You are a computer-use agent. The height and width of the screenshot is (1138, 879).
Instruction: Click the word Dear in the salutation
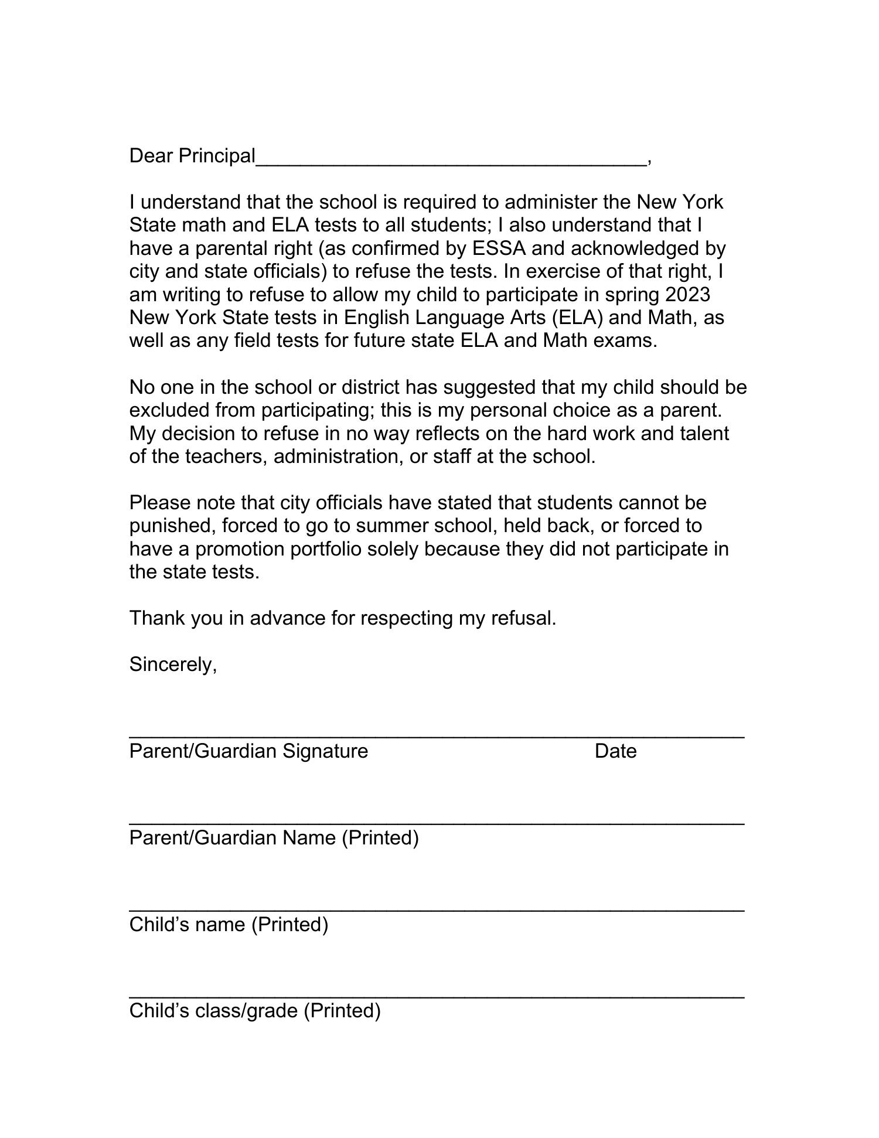click(x=151, y=156)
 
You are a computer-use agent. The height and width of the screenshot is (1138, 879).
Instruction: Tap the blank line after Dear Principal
click(x=451, y=163)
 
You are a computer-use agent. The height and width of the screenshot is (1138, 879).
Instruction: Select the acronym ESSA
click(x=499, y=248)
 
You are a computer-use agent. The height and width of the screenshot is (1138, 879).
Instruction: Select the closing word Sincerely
click(x=173, y=665)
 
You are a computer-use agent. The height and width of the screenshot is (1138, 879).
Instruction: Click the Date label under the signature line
click(x=615, y=751)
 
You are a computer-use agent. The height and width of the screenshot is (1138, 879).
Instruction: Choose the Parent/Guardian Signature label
click(x=248, y=751)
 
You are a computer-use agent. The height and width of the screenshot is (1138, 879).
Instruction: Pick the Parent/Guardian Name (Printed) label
click(x=274, y=838)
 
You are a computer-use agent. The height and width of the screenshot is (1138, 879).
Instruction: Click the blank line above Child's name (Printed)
click(x=437, y=909)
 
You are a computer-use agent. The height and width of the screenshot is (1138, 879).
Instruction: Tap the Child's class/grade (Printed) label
click(x=255, y=1011)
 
